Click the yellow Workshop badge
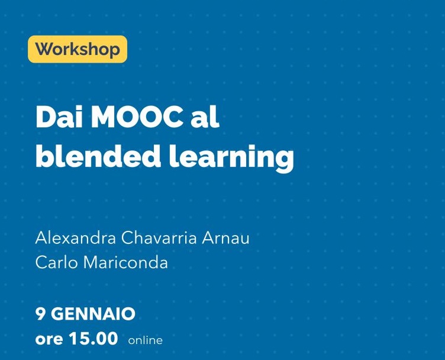pos(77,49)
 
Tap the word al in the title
pos(205,118)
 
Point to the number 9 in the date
pos(40,313)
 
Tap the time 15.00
pos(93,339)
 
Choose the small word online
pos(145,340)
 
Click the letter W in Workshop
pos(43,49)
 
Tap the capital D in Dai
pos(44,118)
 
